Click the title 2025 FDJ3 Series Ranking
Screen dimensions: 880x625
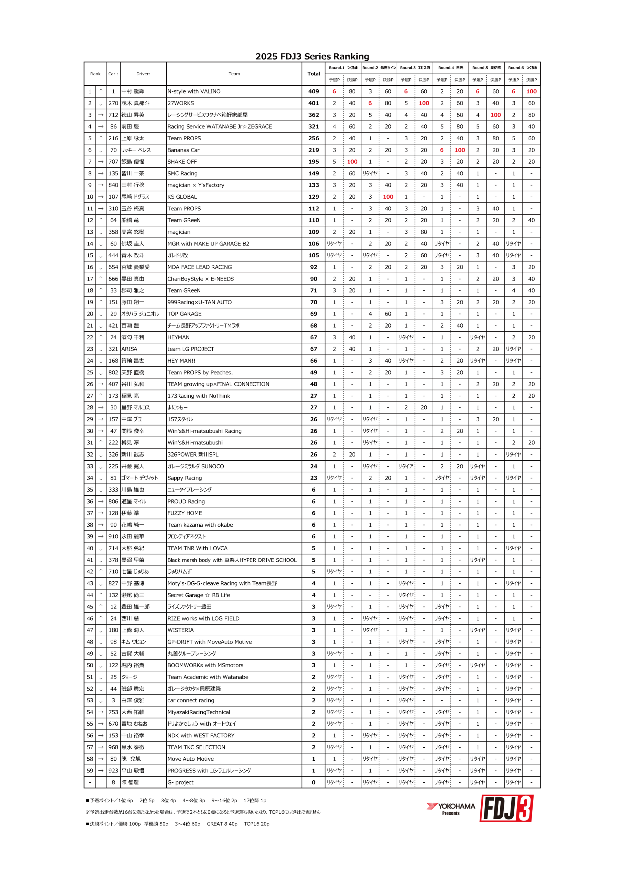click(312, 57)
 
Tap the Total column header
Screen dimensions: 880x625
click(314, 74)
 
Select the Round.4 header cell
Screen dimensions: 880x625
click(451, 68)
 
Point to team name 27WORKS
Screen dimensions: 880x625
click(181, 103)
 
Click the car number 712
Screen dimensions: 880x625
click(113, 115)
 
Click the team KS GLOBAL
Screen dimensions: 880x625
click(182, 197)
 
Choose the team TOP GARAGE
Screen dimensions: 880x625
click(185, 314)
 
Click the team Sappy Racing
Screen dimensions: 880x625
click(185, 478)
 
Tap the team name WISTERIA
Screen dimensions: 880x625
click(180, 630)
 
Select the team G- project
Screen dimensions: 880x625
click(180, 782)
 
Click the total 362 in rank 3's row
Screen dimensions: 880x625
click(314, 115)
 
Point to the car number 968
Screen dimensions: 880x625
click(113, 747)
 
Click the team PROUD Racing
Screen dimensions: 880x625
click(186, 502)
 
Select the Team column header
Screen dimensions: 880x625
click(234, 74)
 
